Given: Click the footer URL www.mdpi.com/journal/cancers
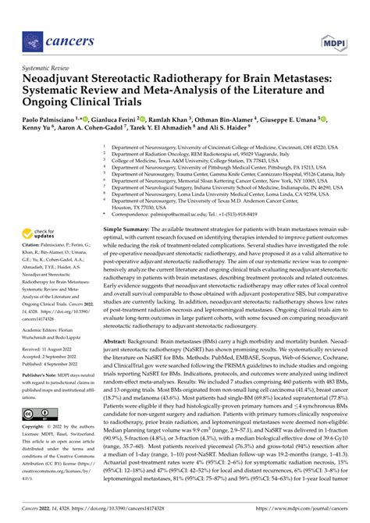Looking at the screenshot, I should [303, 509].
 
